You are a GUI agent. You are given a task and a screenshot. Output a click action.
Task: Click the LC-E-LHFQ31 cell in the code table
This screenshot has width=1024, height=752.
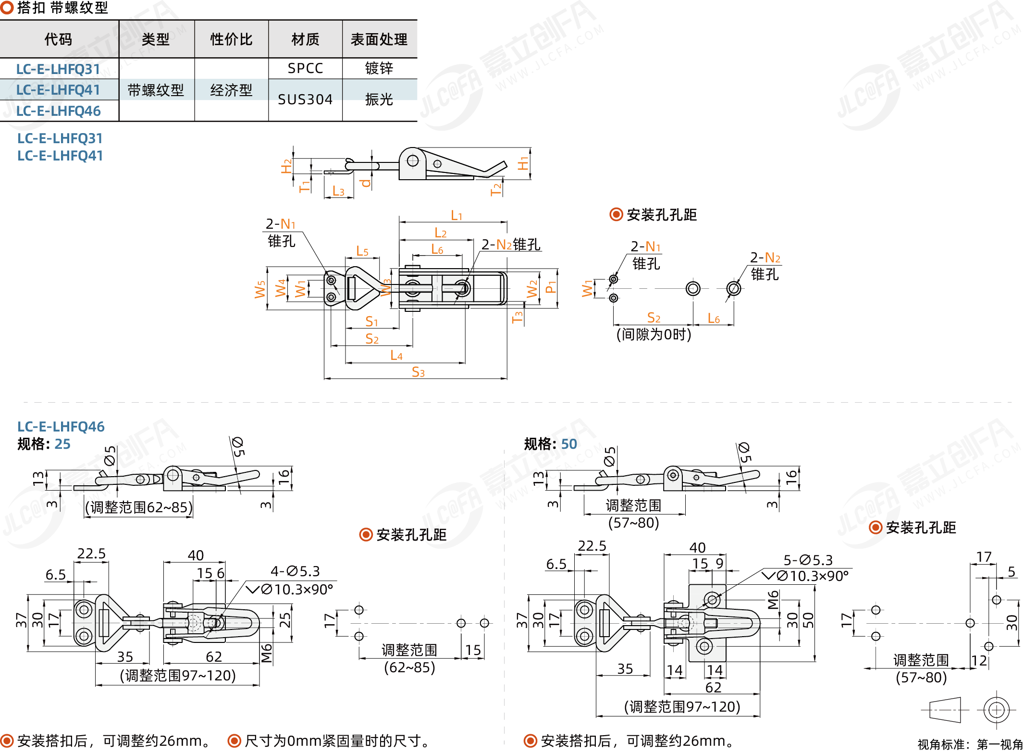[58, 69]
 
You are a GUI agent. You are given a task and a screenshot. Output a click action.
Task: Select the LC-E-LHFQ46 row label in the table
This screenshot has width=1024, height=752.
[58, 111]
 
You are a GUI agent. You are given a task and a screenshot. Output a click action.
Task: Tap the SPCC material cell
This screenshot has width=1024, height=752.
[305, 68]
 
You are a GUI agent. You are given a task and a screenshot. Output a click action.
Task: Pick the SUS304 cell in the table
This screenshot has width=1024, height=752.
[305, 99]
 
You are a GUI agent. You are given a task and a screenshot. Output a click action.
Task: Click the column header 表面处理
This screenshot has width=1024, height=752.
[379, 39]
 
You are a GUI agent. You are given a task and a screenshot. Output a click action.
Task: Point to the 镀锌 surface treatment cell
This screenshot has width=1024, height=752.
[379, 68]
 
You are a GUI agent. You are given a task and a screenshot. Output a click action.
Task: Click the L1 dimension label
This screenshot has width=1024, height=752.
[456, 216]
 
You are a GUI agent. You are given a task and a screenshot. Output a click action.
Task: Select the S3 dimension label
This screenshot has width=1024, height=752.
[418, 372]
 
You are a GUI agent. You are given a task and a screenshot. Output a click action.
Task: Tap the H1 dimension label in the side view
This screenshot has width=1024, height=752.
[523, 163]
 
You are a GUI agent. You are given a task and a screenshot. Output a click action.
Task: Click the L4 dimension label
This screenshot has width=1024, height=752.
[396, 356]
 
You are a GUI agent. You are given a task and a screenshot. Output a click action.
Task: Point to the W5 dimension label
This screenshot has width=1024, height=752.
[260, 289]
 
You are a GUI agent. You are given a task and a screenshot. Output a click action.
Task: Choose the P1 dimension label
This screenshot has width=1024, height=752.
[551, 287]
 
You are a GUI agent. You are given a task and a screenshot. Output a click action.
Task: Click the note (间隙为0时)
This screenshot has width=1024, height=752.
[654, 334]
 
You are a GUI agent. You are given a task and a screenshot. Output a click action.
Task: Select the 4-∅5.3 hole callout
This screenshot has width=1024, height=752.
[295, 571]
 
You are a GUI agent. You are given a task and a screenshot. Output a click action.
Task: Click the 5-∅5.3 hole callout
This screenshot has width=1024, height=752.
[808, 560]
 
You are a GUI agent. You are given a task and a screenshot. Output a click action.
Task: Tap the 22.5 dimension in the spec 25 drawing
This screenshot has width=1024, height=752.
[91, 554]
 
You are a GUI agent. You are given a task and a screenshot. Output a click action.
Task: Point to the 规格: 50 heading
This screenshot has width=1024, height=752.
[550, 444]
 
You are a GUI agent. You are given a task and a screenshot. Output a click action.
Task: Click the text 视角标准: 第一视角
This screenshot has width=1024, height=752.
[970, 744]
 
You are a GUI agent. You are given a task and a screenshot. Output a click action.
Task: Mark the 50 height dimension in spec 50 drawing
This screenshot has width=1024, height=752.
[808, 620]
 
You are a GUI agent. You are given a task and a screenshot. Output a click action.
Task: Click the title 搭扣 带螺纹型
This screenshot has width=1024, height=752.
[62, 8]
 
